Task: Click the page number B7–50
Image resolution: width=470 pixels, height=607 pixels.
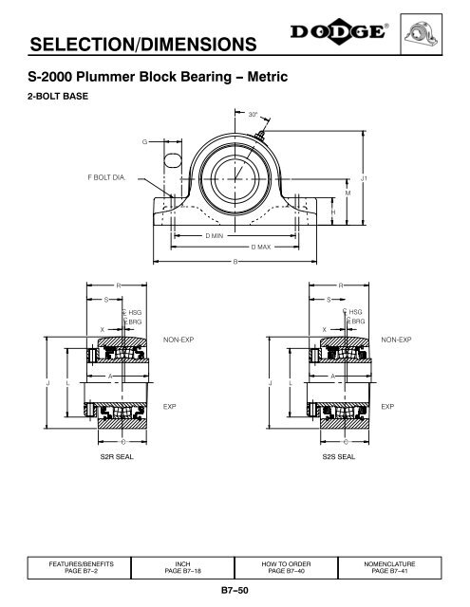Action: click(x=235, y=591)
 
